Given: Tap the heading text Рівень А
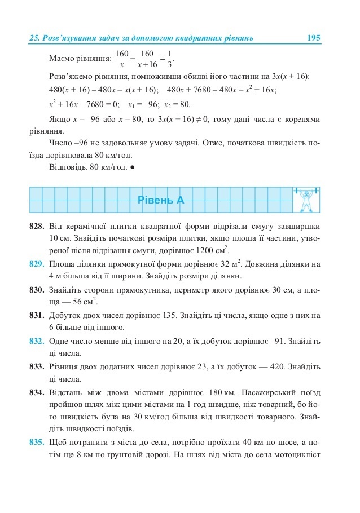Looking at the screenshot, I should pyautogui.click(x=161, y=200).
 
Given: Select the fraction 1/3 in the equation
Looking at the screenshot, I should pyautogui.click(x=170, y=58).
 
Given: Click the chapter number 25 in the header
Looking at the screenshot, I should pyautogui.click(x=33, y=38).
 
